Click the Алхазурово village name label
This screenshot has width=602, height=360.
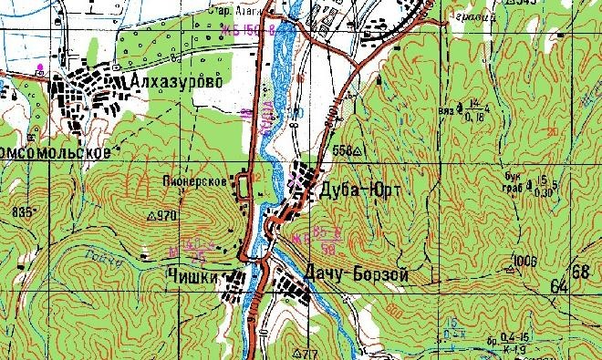178,82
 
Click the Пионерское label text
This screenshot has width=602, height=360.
195,181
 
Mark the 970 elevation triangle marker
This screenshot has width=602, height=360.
151,216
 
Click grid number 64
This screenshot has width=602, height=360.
558,287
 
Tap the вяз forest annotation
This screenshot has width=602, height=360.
447,110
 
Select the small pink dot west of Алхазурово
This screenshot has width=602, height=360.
39,68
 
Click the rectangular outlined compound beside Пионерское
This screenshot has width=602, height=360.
244,189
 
